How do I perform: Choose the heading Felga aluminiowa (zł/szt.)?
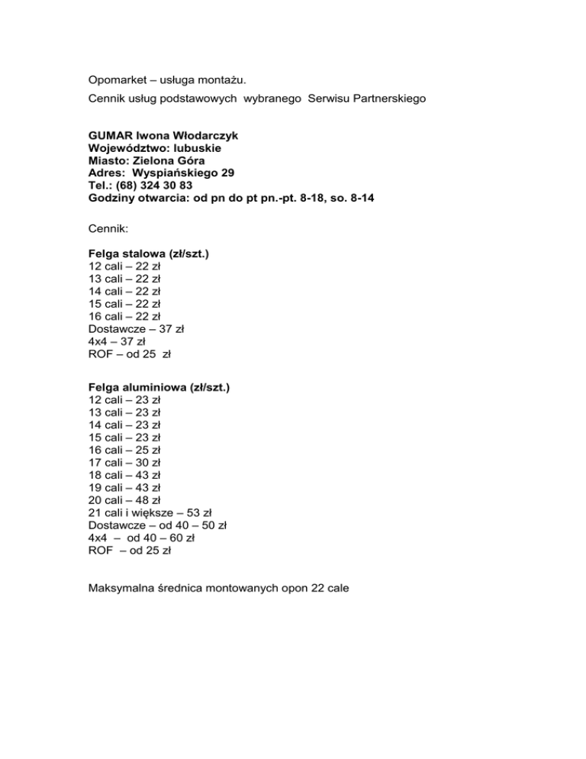pyautogui.click(x=159, y=387)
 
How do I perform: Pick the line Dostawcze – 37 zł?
pyautogui.click(x=137, y=328)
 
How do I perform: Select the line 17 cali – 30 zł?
pyautogui.click(x=124, y=462)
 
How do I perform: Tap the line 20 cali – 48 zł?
pyautogui.click(x=124, y=499)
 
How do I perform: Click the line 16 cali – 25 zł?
pyautogui.click(x=124, y=450)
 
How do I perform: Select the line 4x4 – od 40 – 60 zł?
pyautogui.click(x=142, y=537)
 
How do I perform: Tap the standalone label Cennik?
pyautogui.click(x=110, y=227)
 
